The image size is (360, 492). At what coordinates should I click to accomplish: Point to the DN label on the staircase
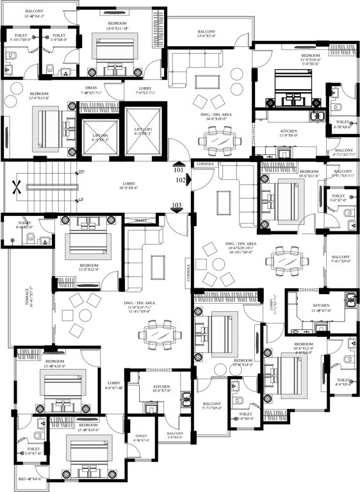click(x=81, y=172)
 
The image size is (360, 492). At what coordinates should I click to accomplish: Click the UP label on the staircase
click(x=81, y=199)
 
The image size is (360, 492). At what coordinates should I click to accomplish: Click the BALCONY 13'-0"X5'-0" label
click(x=206, y=34)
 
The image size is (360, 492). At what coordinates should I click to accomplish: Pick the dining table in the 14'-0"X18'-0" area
click(x=219, y=138)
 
